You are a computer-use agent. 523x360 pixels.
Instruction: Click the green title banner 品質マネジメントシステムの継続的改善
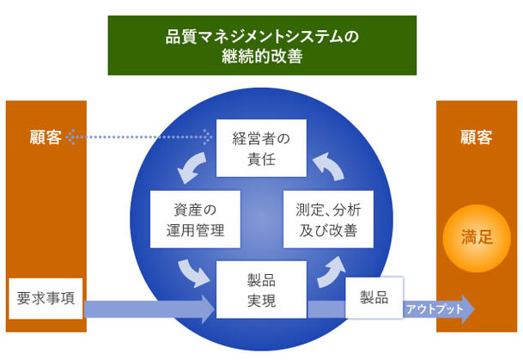click(261, 46)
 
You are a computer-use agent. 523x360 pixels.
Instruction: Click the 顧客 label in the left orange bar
click(44, 137)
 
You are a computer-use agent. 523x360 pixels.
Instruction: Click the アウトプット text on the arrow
click(434, 309)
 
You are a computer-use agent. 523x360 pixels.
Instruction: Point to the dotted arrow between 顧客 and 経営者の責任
click(142, 136)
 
